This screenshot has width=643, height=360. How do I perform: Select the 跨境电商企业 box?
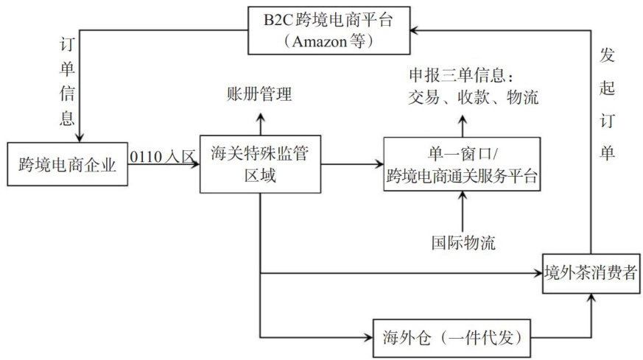[67, 164]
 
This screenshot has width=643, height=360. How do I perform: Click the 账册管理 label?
[259, 94]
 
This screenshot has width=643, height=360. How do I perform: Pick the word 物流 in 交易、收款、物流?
[521, 96]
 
